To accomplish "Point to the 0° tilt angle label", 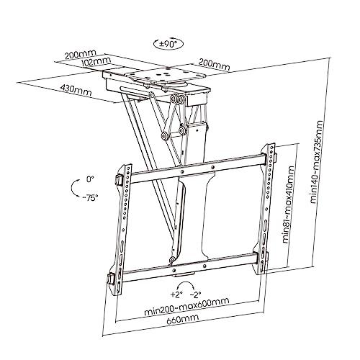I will point(89,178).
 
